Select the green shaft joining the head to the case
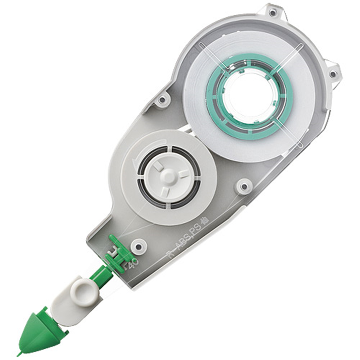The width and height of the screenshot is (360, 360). point(99,274)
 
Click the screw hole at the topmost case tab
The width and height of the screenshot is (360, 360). point(273,12)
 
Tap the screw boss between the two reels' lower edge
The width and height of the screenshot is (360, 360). point(244,185)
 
